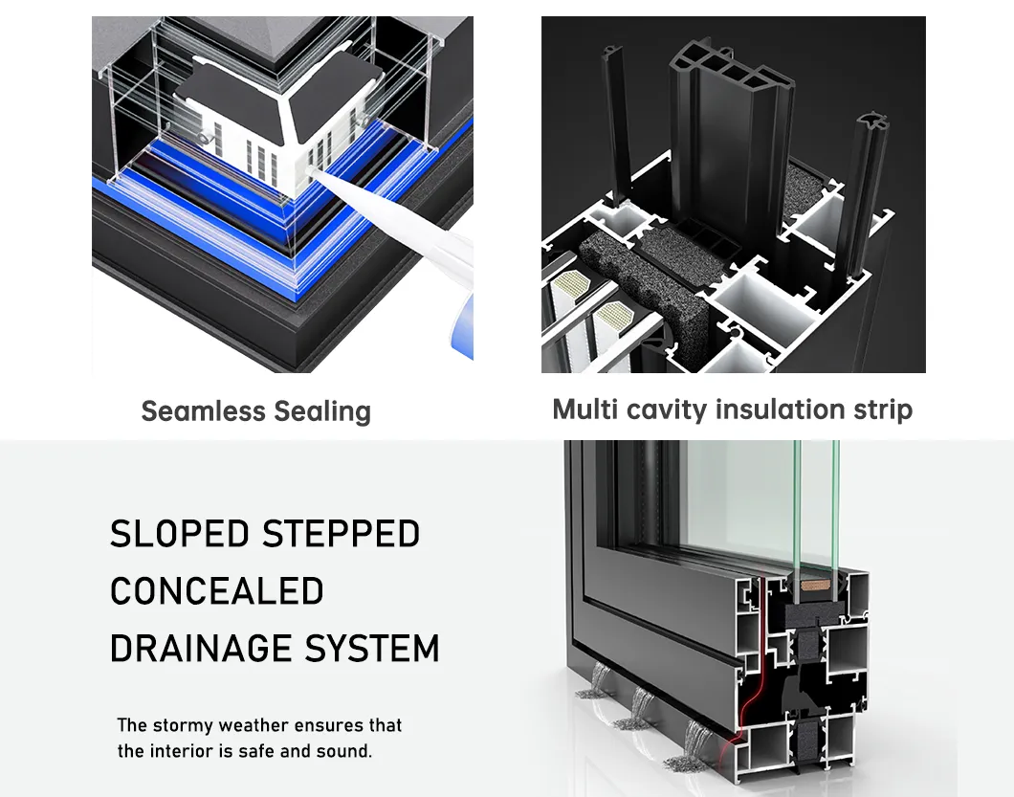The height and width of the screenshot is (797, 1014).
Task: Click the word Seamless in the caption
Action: click(203, 411)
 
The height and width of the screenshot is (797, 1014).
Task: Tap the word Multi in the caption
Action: click(584, 410)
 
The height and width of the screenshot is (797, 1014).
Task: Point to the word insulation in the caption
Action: click(767, 410)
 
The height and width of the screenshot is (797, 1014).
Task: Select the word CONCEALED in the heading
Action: click(217, 591)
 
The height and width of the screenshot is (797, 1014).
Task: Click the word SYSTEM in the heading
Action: click(372, 649)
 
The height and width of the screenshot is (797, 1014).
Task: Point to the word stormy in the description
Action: click(187, 725)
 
